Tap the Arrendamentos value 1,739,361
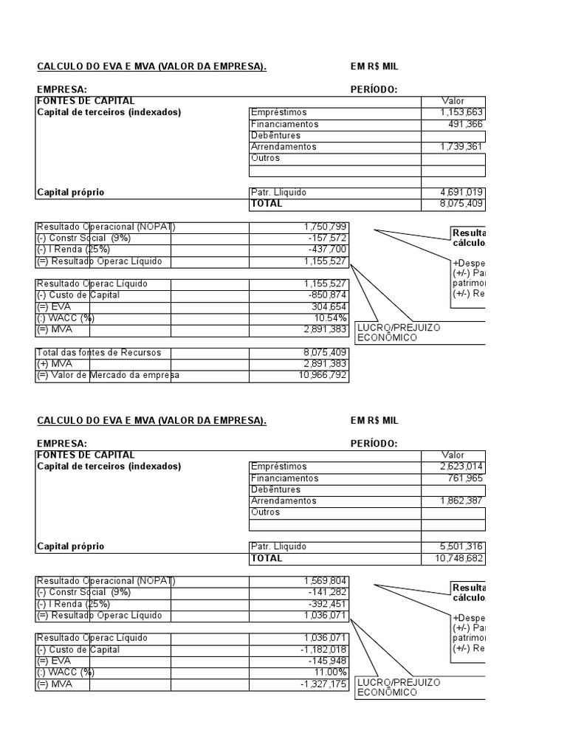[461, 147]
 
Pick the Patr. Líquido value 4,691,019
[461, 193]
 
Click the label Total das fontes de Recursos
[99, 353]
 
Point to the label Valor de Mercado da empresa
[108, 376]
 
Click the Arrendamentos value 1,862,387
[461, 501]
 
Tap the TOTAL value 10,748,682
[459, 559]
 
